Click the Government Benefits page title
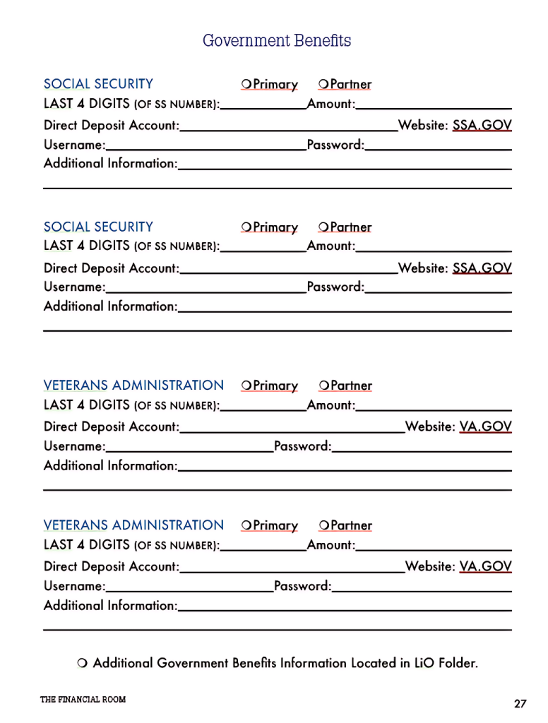point(277,41)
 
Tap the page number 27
point(520,703)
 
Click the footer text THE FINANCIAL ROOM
point(83,699)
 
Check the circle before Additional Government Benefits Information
point(81,663)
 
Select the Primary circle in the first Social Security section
point(246,85)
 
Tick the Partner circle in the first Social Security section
point(323,85)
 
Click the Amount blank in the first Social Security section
point(434,104)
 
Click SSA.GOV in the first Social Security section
point(482,126)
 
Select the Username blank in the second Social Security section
point(205,287)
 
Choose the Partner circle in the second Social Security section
point(323,227)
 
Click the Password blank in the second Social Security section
point(438,287)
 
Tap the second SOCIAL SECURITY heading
point(98,227)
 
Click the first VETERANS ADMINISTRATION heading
point(133,386)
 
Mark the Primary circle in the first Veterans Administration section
point(246,386)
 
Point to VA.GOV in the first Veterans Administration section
point(485,426)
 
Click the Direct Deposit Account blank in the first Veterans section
point(292,426)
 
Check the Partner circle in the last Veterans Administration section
point(323,525)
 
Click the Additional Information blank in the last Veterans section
point(345,605)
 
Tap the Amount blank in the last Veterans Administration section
point(434,545)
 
